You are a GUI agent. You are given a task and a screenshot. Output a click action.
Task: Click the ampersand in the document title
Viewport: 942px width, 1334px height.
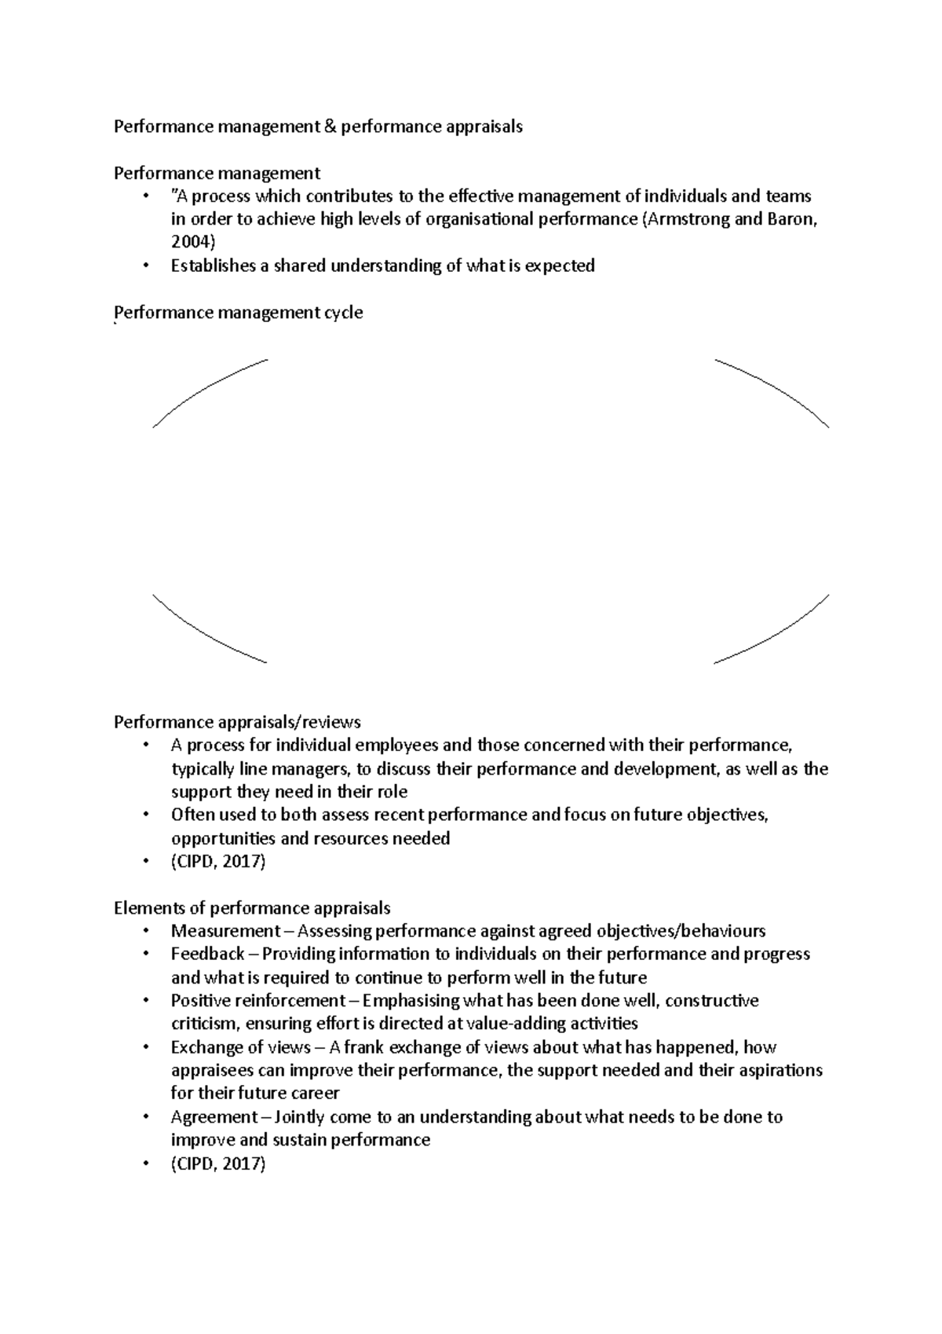(x=327, y=126)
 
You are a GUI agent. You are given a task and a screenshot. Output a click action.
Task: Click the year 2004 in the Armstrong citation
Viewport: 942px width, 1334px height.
(x=191, y=242)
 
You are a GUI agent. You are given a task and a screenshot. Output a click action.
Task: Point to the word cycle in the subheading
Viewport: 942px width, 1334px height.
(x=343, y=313)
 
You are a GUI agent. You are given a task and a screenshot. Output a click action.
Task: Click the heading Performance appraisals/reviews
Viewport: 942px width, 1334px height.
(x=237, y=721)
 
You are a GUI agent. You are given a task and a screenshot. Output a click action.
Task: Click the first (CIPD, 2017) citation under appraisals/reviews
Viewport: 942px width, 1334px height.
(x=218, y=862)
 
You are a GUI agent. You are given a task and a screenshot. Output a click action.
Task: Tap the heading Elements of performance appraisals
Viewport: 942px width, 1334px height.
(x=251, y=908)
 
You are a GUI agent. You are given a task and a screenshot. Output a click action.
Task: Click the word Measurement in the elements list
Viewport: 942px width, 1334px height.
(x=225, y=932)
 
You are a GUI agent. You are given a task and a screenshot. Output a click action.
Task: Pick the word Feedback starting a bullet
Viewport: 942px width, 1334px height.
(x=207, y=955)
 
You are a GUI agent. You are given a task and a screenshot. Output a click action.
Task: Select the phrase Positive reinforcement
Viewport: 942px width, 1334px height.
(x=257, y=1001)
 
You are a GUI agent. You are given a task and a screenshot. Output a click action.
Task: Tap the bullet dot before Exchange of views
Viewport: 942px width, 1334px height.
(x=146, y=1048)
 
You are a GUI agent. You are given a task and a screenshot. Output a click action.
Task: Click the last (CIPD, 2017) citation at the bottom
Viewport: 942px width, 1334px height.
(x=218, y=1164)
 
